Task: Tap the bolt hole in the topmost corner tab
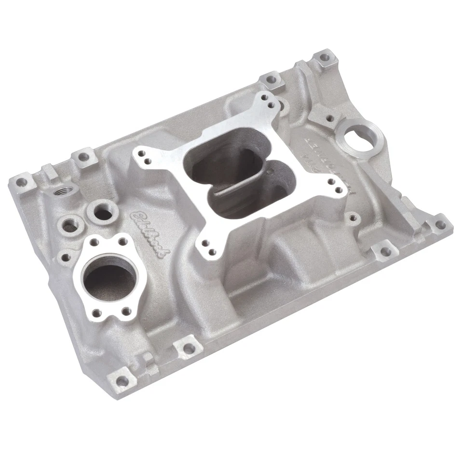tap(325, 57)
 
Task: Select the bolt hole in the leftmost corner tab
tap(21, 182)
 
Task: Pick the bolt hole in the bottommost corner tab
tap(123, 381)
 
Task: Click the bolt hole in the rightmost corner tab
tap(439, 224)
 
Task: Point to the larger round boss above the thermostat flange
tap(103, 210)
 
